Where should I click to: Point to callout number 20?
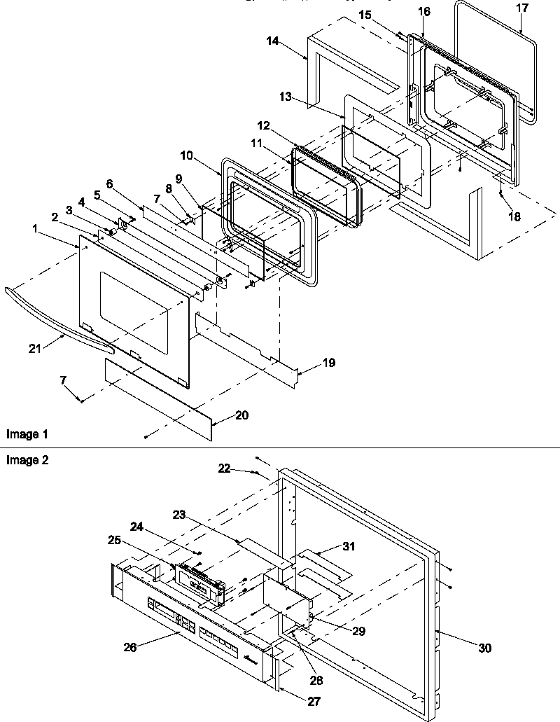coord(241,415)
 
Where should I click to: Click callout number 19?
coord(329,363)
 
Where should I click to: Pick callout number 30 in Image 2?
coord(484,648)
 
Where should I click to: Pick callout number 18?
coord(514,217)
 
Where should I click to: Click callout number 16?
coord(424,12)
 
